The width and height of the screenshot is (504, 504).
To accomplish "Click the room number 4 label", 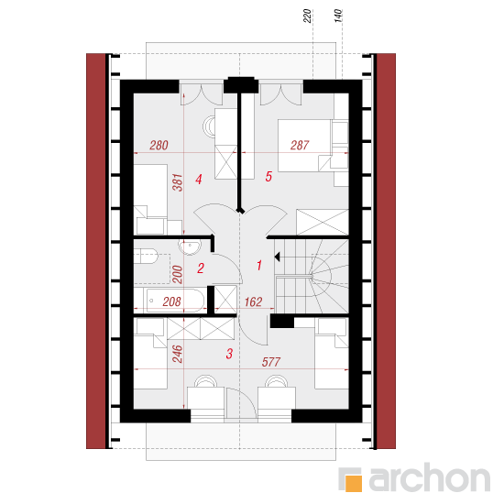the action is tap(199, 180).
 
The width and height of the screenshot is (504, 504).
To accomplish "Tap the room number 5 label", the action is tap(268, 177).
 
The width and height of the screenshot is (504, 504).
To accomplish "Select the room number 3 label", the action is tap(229, 354).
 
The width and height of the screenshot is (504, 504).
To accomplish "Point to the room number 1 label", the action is tap(259, 266).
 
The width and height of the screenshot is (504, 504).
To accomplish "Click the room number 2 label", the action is tap(201, 268).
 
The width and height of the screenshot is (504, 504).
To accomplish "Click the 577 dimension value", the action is tap(271, 362).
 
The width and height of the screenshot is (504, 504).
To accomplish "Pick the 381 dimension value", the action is tap(178, 182).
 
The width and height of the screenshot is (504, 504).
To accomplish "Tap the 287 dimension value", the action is tap(300, 146).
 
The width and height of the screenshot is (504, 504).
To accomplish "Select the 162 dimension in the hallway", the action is tap(253, 301).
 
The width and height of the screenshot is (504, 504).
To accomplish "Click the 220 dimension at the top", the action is tap(307, 16).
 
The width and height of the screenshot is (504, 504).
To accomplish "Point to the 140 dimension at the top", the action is tap(338, 16).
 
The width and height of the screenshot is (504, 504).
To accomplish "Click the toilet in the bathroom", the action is tap(147, 256).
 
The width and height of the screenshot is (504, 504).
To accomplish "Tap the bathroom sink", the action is tap(190, 247).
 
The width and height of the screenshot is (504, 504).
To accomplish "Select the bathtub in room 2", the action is tap(176, 301).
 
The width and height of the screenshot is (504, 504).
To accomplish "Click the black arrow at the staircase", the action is tap(278, 257).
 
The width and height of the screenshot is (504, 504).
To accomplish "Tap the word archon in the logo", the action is tap(430, 478).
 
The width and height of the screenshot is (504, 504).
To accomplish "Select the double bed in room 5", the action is tap(305, 146).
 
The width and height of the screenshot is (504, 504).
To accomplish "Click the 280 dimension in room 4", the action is tap(159, 146).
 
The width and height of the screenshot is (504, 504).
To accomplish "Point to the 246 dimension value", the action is tap(178, 354).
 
